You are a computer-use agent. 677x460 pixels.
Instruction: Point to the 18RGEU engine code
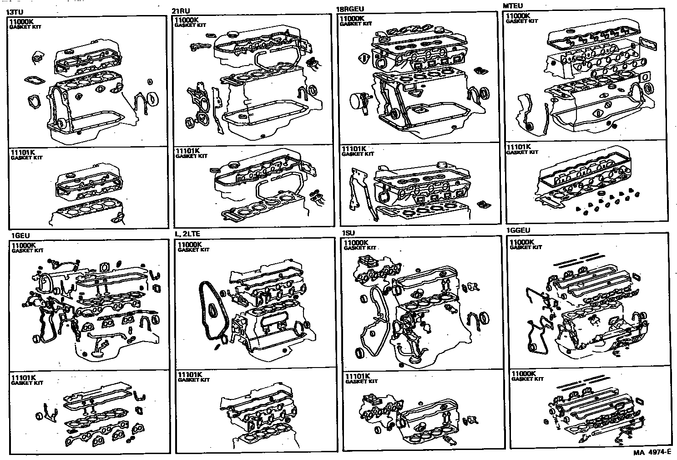click(350, 9)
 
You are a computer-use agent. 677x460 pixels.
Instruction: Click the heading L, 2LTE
click(187, 234)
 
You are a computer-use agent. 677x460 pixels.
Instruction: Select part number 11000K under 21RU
click(187, 20)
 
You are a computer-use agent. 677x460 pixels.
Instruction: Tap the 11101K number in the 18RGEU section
click(353, 149)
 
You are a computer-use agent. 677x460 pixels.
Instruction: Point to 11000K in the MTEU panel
click(518, 16)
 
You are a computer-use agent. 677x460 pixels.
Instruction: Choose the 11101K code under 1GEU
click(24, 378)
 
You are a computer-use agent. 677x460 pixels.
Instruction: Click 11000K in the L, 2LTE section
click(190, 245)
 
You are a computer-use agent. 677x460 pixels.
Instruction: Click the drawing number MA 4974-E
click(652, 453)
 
